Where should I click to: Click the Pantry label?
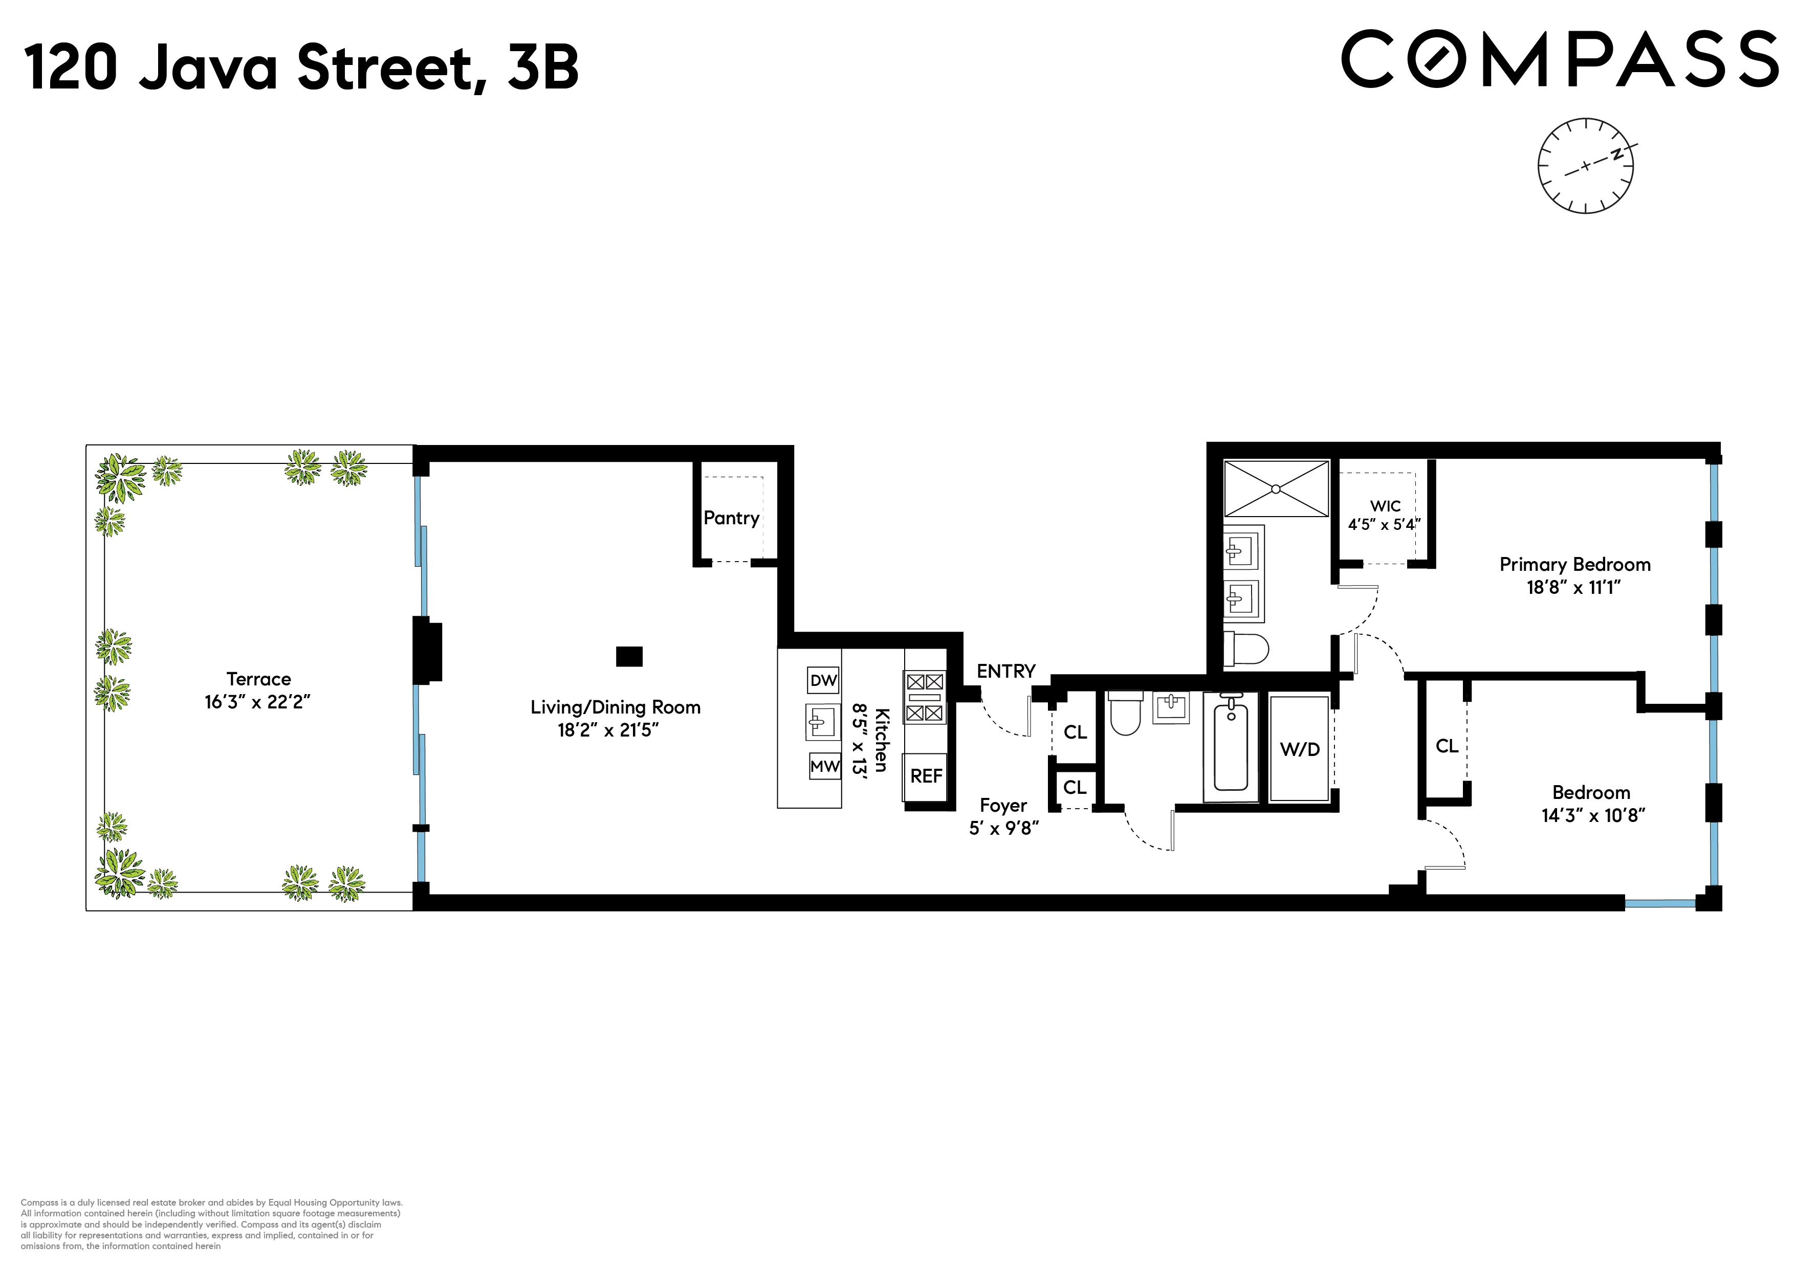731,518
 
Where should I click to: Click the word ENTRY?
1005,671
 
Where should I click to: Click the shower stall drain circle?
1276,489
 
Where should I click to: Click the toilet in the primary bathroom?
1247,648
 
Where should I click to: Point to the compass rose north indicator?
1617,154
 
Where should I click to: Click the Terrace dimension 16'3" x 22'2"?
257,702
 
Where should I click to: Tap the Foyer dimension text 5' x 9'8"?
1004,828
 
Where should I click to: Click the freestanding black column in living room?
629,656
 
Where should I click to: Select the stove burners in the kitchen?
925,697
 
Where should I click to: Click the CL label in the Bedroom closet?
1447,746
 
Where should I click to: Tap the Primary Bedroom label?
1574,565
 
